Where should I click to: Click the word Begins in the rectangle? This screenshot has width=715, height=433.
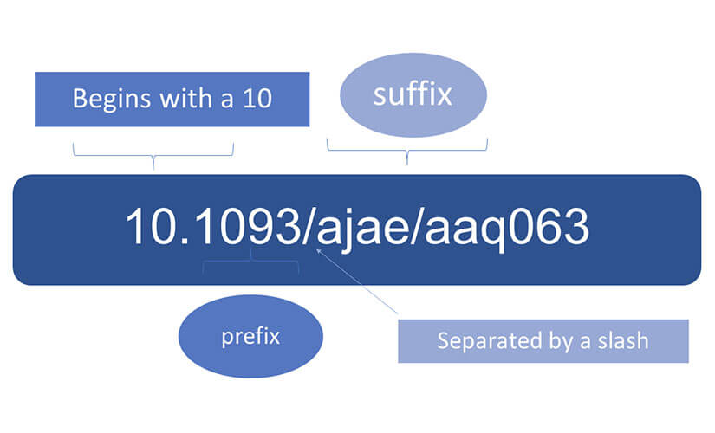click(112, 100)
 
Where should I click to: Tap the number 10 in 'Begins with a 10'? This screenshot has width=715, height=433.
click(257, 98)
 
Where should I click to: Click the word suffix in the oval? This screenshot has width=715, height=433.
click(413, 94)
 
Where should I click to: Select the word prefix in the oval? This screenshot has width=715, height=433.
click(250, 337)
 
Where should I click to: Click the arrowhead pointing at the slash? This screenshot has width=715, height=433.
click(319, 251)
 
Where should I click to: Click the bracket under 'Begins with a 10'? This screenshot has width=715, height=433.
click(153, 156)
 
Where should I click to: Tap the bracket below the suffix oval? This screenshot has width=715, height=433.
click(407, 151)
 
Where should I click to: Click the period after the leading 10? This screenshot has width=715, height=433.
click(185, 242)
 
